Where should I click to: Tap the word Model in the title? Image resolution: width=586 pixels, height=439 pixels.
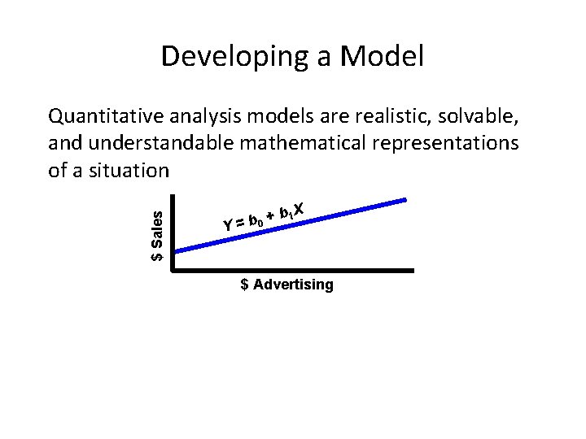381,57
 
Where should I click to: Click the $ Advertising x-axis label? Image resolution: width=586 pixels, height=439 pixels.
286,285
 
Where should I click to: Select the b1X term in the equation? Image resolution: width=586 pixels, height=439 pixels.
291,211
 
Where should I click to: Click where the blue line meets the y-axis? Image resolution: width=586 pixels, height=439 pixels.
174,251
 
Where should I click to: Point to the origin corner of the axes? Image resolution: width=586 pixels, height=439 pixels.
173,270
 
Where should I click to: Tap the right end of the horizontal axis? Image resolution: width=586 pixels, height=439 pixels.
413,270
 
